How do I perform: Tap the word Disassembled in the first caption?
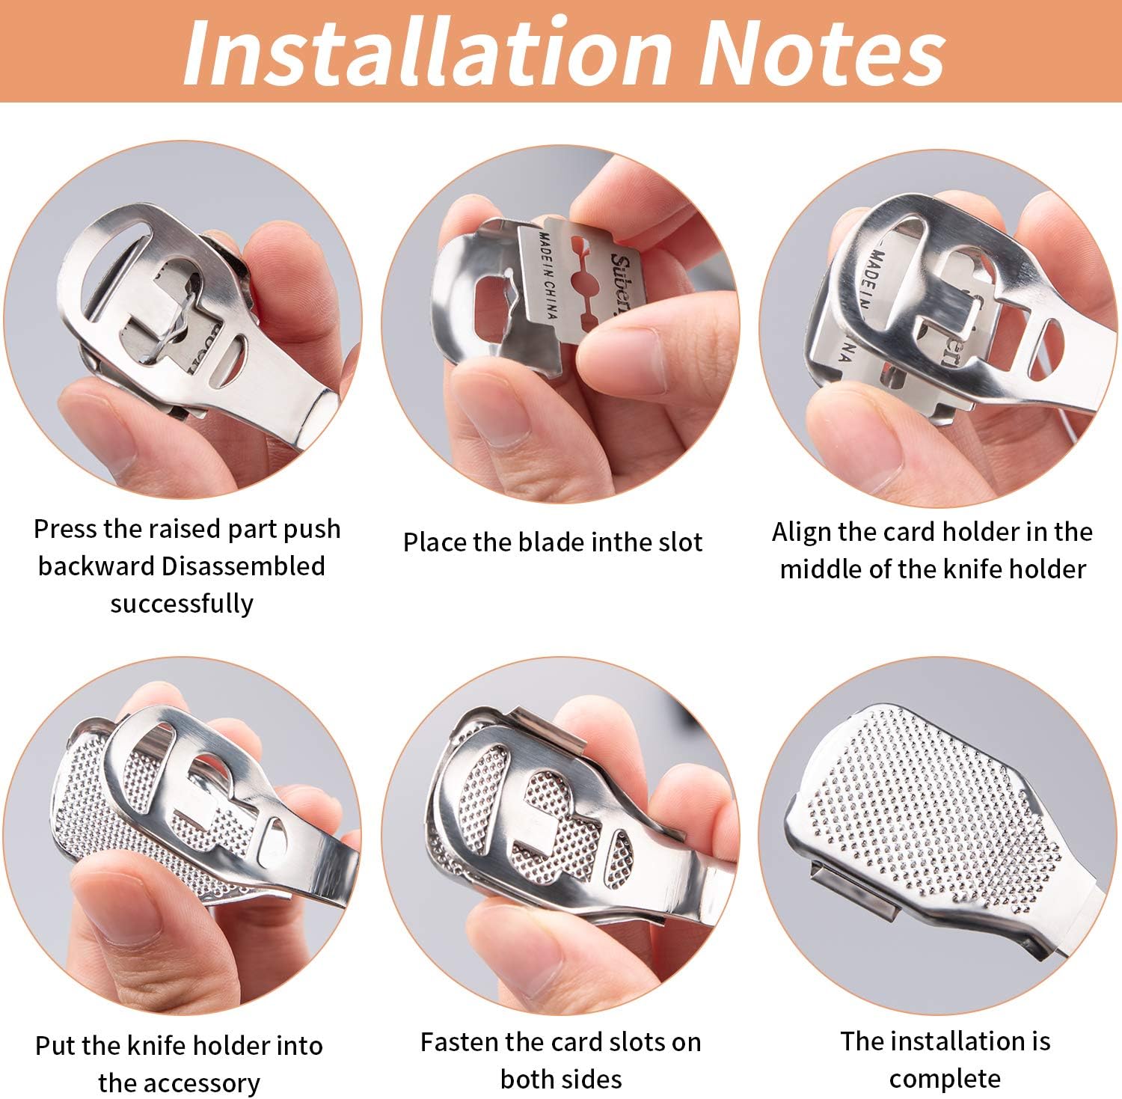click(x=243, y=566)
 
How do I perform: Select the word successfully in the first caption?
click(x=182, y=603)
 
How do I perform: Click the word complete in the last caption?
click(x=945, y=1079)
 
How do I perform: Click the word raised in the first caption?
click(x=186, y=529)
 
